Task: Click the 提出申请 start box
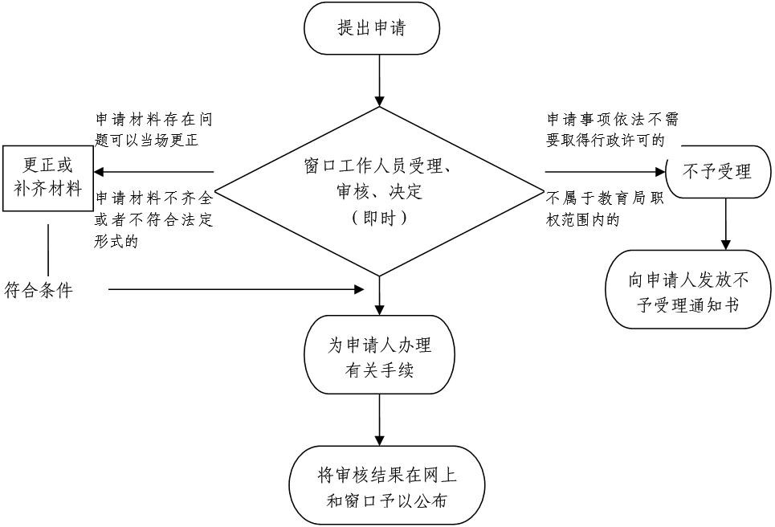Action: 372,28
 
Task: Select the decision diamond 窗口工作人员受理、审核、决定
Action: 379,191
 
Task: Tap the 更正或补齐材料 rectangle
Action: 47,178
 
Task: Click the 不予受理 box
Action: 718,172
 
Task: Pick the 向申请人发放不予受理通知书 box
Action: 688,289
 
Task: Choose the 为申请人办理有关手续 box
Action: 379,354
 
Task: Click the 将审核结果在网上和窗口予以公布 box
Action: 387,485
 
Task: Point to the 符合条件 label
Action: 39,290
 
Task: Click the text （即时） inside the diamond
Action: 379,218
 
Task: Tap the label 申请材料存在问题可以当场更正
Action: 153,130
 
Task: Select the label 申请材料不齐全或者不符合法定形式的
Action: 153,219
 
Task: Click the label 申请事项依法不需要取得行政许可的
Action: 613,130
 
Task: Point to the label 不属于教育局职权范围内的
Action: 606,209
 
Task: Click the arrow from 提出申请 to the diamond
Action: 379,80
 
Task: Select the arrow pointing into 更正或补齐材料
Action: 153,172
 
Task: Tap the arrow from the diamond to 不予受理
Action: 606,172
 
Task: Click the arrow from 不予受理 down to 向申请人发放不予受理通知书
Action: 725,224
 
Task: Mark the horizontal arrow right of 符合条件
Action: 236,289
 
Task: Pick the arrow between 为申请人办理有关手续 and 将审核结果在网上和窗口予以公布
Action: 379,419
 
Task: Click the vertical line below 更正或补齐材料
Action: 48,250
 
